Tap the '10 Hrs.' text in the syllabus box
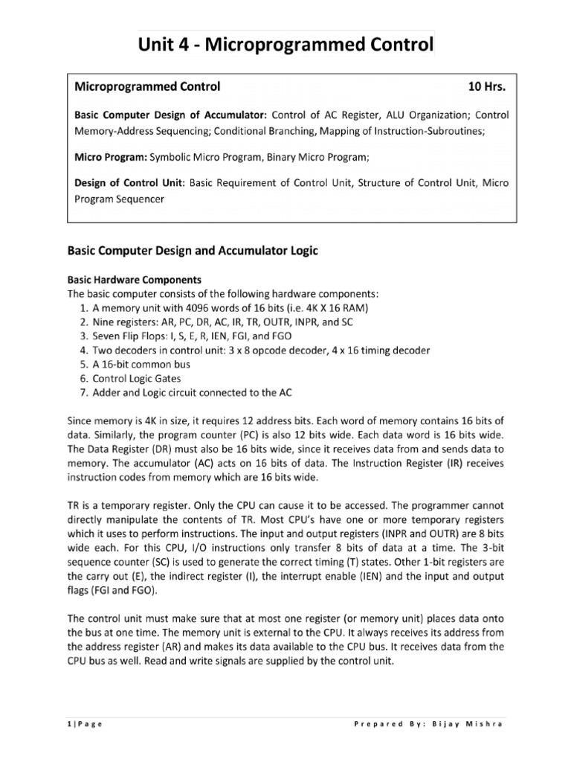coord(486,87)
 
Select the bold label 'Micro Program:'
coord(111,158)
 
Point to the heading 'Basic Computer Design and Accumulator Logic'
coord(193,252)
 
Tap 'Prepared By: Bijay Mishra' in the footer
coord(431,726)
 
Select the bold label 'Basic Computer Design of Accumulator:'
coord(170,115)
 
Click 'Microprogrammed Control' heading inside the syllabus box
coord(147,87)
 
